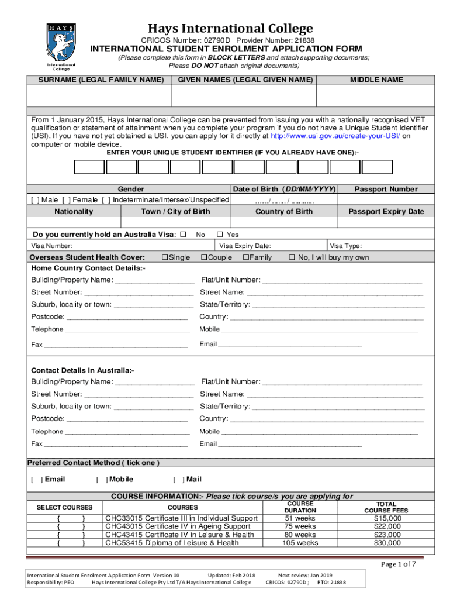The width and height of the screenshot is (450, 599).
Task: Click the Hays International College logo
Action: point(61,46)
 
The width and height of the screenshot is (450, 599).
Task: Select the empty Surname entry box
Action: point(100,95)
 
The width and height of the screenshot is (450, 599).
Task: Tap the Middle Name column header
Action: point(376,80)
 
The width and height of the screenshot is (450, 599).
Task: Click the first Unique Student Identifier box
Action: point(89,167)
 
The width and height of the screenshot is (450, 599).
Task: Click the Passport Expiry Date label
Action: point(386,211)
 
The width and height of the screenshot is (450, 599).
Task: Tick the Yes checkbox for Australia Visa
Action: point(221,235)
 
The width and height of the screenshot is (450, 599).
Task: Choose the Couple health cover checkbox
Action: point(205,257)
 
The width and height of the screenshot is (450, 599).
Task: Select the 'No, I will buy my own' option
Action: point(292,257)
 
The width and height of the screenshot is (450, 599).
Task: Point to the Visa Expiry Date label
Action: point(245,246)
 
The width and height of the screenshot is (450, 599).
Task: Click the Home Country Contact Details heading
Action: point(88,268)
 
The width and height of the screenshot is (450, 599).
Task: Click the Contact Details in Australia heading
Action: point(82,370)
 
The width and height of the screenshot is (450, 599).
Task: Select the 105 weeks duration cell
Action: point(300,543)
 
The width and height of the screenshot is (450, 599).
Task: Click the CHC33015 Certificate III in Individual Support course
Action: point(181,518)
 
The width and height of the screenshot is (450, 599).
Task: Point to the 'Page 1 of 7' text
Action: point(399,564)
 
